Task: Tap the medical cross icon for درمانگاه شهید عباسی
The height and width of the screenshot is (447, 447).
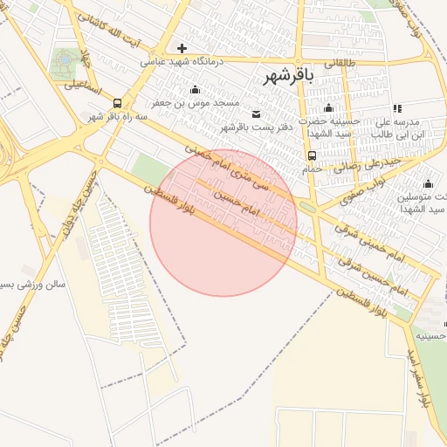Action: (x=182, y=48)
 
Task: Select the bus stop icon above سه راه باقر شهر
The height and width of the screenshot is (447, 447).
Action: (x=118, y=103)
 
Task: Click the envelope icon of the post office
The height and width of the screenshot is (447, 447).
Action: (x=256, y=114)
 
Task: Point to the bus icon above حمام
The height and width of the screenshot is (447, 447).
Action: (x=312, y=156)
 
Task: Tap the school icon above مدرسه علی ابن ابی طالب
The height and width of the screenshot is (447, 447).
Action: (x=398, y=108)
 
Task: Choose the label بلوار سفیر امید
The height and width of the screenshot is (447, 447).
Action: (x=419, y=375)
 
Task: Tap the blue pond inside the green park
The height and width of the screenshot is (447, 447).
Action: (x=63, y=61)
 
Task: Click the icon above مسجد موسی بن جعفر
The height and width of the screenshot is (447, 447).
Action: (x=194, y=89)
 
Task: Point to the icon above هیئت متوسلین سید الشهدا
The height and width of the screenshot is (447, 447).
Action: (x=428, y=183)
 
